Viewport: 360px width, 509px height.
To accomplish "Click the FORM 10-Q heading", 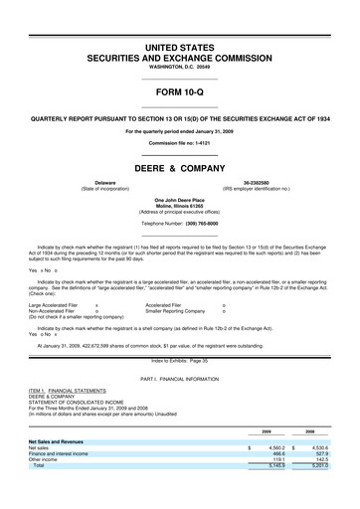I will [179, 94].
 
